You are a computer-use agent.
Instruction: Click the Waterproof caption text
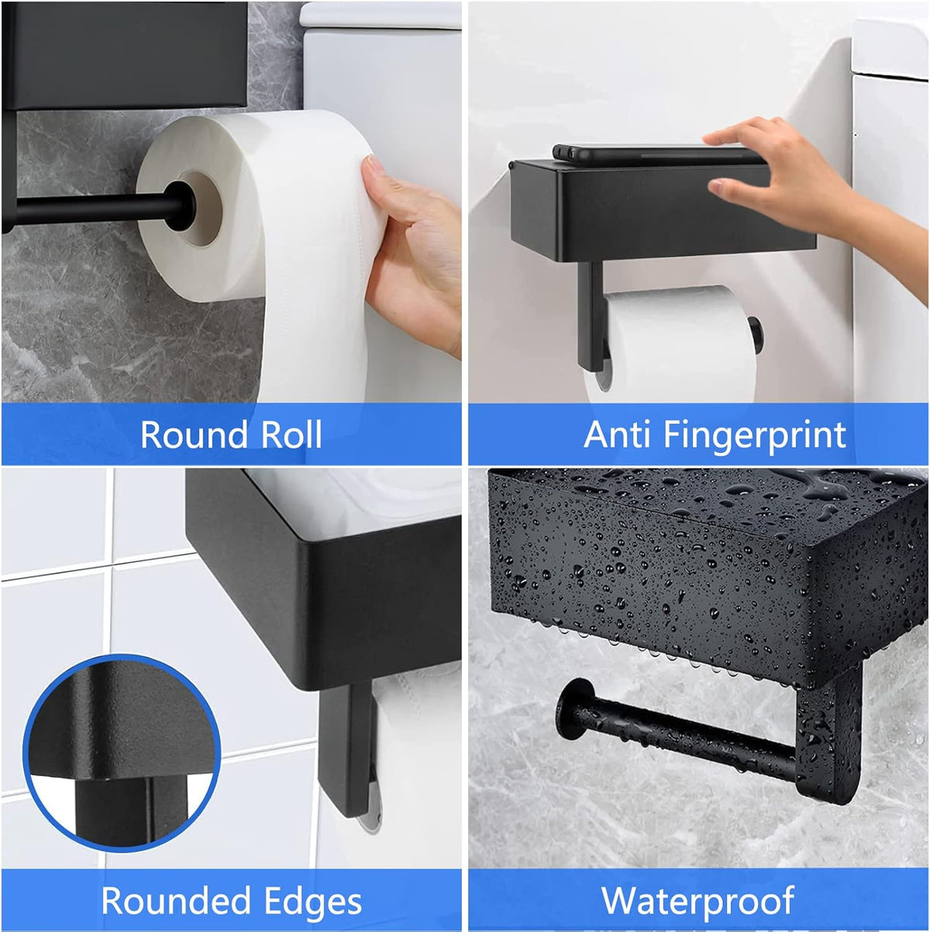(697, 901)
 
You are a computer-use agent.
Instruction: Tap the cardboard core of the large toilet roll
(203, 208)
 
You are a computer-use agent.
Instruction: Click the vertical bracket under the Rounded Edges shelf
(346, 744)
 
